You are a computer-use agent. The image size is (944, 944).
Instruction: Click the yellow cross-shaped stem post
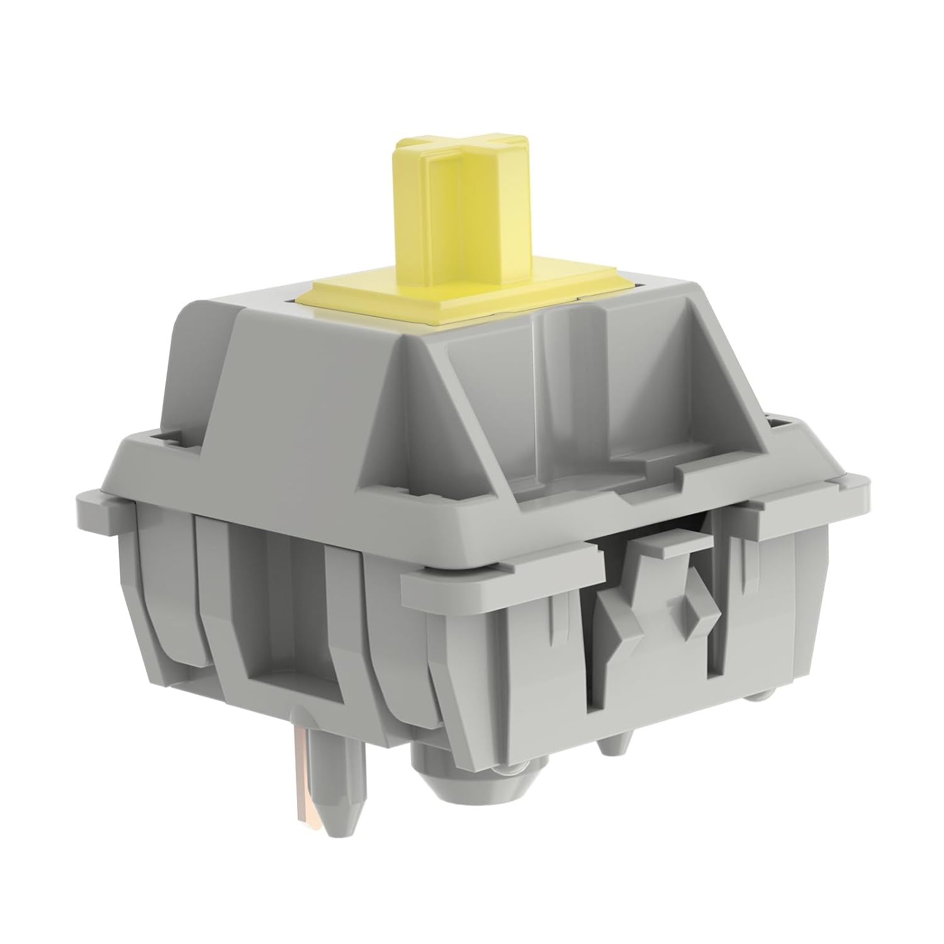point(441,214)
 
